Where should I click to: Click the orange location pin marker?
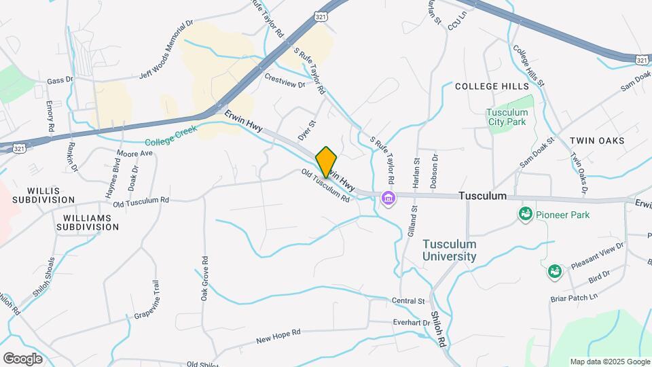click(x=327, y=162)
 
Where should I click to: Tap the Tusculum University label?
click(x=449, y=250)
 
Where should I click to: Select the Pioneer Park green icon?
click(x=525, y=215)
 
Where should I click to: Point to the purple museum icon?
click(x=389, y=199)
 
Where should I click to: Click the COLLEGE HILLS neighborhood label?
click(x=491, y=86)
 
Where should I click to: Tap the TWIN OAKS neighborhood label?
click(x=597, y=140)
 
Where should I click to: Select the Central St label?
click(x=407, y=300)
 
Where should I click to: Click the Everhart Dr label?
click(x=412, y=322)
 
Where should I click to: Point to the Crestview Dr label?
click(x=285, y=80)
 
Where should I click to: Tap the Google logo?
click(x=22, y=358)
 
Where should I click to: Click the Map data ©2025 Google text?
click(x=609, y=362)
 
